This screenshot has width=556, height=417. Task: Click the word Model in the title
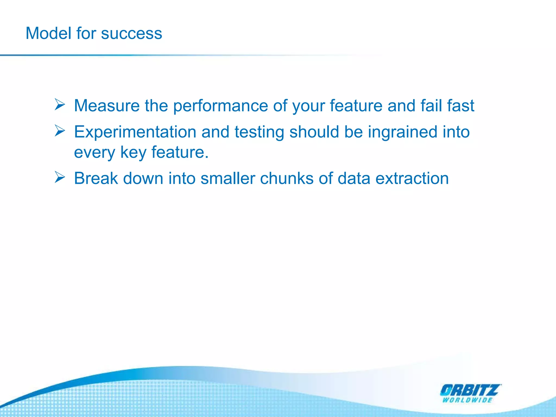(x=49, y=33)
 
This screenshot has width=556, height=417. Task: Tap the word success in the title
(x=131, y=33)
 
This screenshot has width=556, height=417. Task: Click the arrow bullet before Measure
(x=60, y=105)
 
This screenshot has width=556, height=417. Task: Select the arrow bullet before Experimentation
(x=60, y=131)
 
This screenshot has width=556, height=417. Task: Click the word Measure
(x=107, y=105)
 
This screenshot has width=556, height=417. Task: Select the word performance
(x=220, y=106)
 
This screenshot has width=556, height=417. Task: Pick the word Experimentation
(x=135, y=132)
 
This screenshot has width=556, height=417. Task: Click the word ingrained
(x=403, y=132)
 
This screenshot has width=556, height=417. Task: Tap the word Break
(x=96, y=178)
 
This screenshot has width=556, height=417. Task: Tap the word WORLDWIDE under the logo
(x=467, y=400)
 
